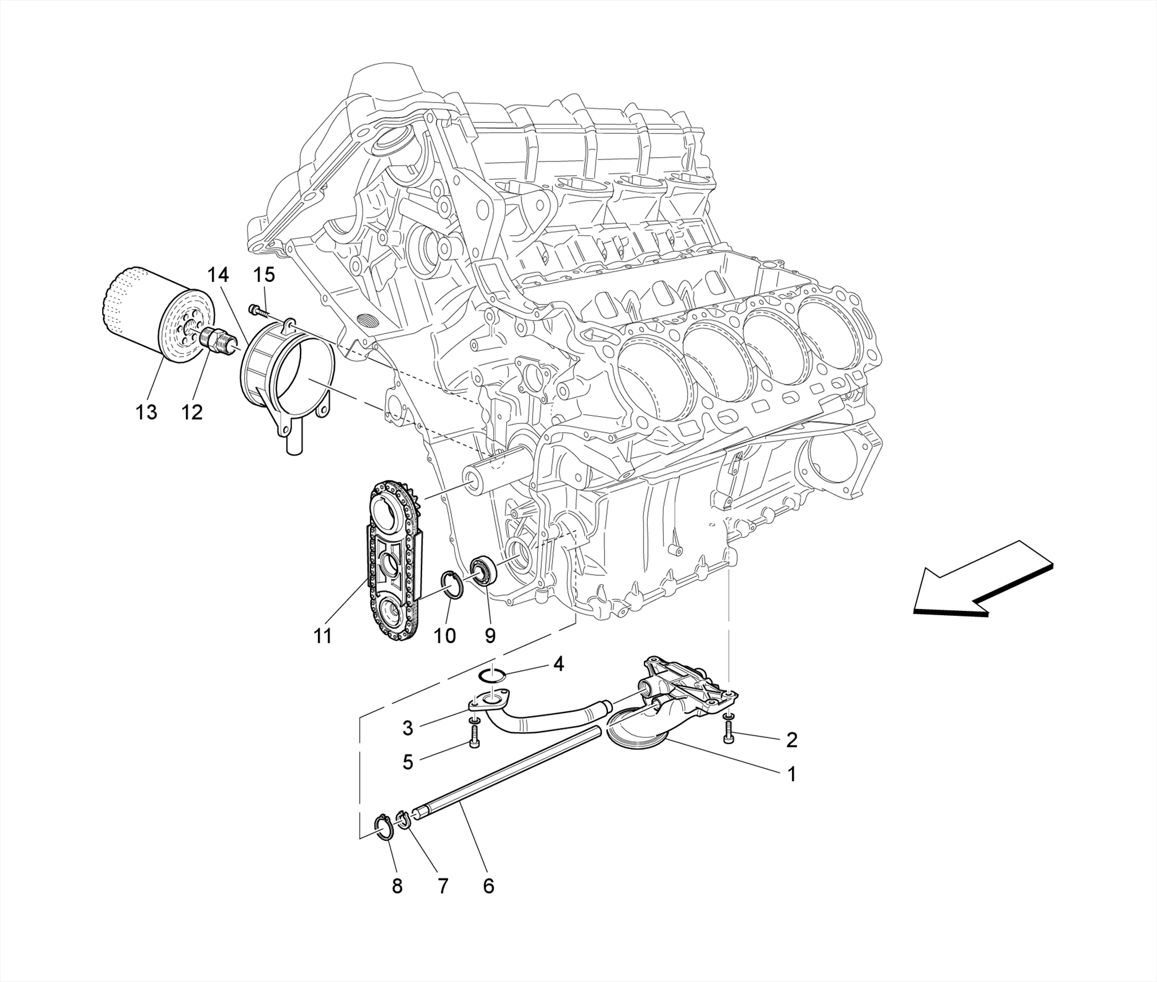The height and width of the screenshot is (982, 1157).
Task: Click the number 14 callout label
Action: pos(218,275)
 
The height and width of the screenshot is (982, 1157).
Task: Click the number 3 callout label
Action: pos(407,728)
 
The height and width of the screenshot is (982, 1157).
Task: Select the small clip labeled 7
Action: pos(403,819)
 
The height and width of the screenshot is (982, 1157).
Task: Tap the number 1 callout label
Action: pos(791,774)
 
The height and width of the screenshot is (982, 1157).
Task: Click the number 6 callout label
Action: pos(488,886)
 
